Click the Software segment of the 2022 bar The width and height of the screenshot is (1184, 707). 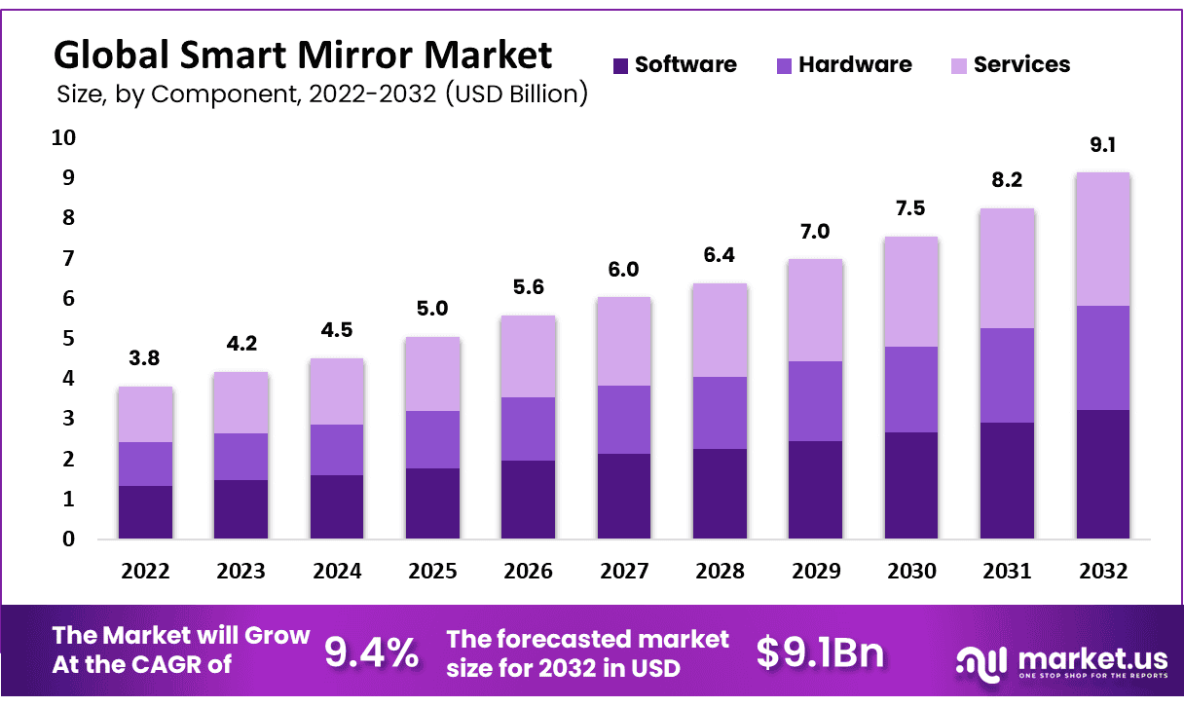click(x=145, y=512)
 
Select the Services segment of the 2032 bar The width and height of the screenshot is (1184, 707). click(x=1102, y=240)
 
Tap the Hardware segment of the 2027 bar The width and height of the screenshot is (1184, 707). click(x=624, y=420)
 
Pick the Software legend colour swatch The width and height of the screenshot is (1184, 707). click(x=620, y=65)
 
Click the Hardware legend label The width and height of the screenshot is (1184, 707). click(x=855, y=65)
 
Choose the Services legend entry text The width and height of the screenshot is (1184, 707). click(x=1021, y=65)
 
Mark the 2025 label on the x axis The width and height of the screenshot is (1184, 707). click(x=432, y=572)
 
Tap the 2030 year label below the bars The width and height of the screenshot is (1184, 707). click(x=911, y=572)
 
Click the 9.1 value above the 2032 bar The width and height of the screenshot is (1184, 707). click(x=1102, y=147)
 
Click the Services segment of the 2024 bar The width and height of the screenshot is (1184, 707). click(x=337, y=391)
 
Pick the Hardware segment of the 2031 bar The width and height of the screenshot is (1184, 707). click(x=1007, y=375)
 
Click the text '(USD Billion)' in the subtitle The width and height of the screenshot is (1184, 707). click(x=515, y=94)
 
